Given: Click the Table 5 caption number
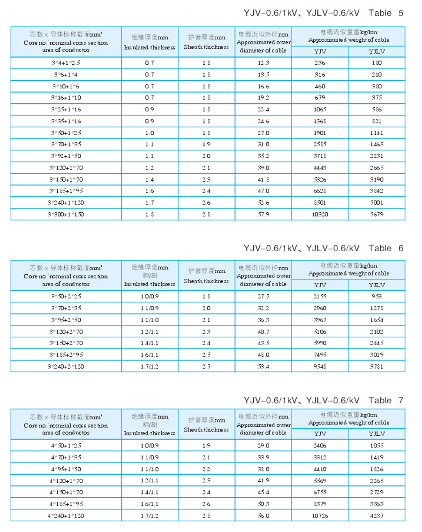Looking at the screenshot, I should (x=400, y=13).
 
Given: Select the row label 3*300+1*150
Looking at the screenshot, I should (x=66, y=214).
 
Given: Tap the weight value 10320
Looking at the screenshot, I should (x=320, y=214).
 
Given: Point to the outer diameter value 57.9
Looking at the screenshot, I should (x=263, y=214).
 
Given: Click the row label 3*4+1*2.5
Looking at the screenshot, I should (x=66, y=63).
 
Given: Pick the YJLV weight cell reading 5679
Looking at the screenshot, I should (x=376, y=214).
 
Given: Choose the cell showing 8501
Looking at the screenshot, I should (x=320, y=202).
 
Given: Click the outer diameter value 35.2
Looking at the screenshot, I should (x=263, y=156).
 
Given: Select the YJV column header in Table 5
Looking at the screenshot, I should (x=320, y=52).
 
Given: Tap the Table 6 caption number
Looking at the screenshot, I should (x=400, y=248).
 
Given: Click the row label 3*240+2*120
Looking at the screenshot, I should (x=66, y=366).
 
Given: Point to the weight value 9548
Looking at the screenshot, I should (x=320, y=366).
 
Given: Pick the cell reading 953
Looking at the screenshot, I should (x=376, y=296).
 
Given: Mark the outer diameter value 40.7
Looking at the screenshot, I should (x=263, y=332).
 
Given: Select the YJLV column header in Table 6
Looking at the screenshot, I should (x=376, y=285).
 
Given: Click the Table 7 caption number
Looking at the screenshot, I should (x=400, y=401).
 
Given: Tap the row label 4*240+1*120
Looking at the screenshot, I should (x=66, y=516).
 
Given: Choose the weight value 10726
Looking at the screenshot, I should (x=320, y=516).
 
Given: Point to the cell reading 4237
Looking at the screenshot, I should (x=376, y=516).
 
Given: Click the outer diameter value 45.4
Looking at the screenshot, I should (x=263, y=492).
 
